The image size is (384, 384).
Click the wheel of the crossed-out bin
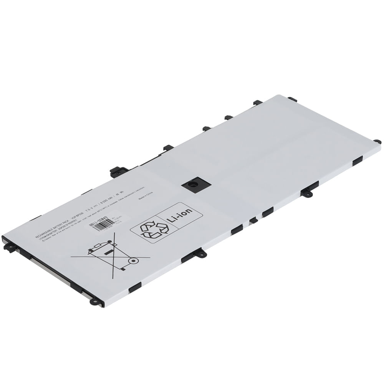(x=133, y=261)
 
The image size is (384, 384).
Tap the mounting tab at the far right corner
(x=377, y=142)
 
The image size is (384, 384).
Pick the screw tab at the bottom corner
(x=94, y=301)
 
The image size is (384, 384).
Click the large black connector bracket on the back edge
(x=119, y=171)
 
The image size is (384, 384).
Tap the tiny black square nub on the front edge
(x=253, y=220)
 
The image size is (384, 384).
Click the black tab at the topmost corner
(x=292, y=99)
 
